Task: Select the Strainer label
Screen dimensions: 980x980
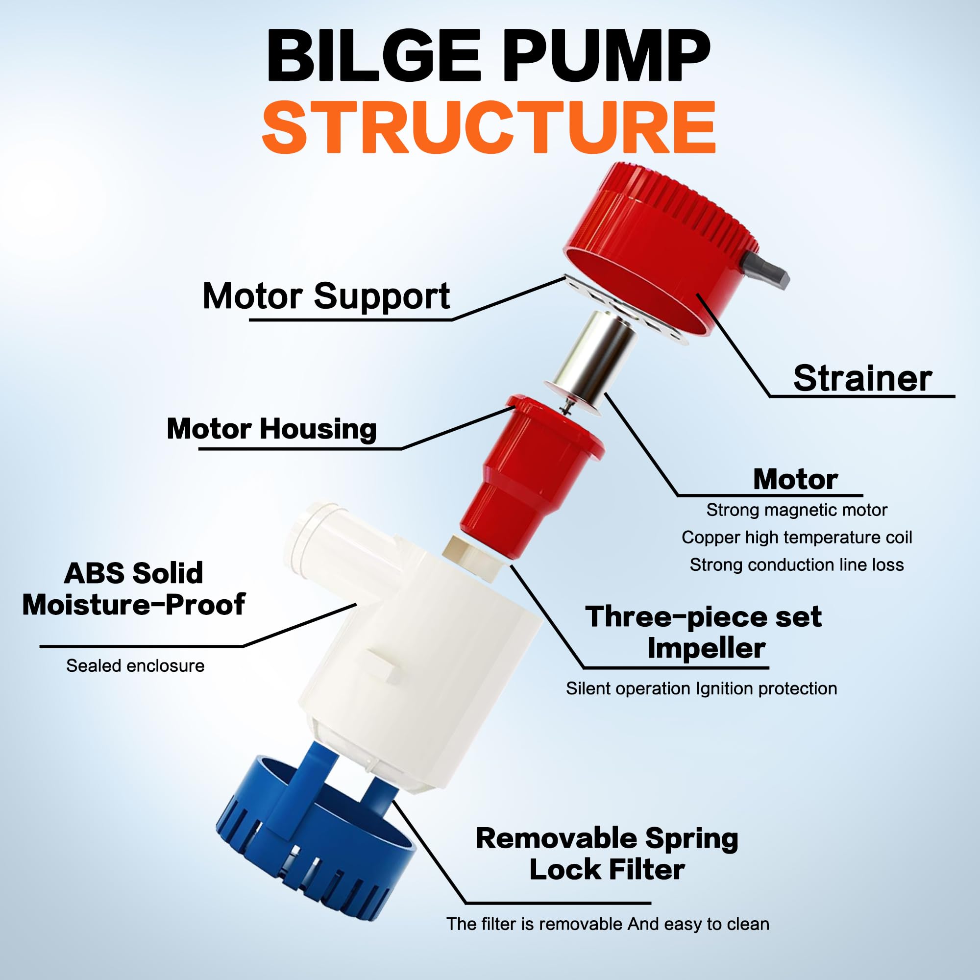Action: (x=862, y=378)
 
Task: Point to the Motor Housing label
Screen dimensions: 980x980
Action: (x=271, y=429)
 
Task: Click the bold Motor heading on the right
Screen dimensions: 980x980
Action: (x=795, y=479)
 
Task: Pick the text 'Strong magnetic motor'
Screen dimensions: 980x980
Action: (x=796, y=510)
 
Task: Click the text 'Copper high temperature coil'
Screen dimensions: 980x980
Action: (x=796, y=537)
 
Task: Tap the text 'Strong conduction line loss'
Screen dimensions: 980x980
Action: (x=796, y=564)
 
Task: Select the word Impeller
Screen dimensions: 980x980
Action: (x=706, y=648)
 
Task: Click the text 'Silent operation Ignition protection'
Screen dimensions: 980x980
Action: (x=701, y=688)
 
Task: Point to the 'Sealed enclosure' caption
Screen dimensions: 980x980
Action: (x=135, y=665)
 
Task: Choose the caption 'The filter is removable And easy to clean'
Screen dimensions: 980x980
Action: (x=607, y=924)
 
